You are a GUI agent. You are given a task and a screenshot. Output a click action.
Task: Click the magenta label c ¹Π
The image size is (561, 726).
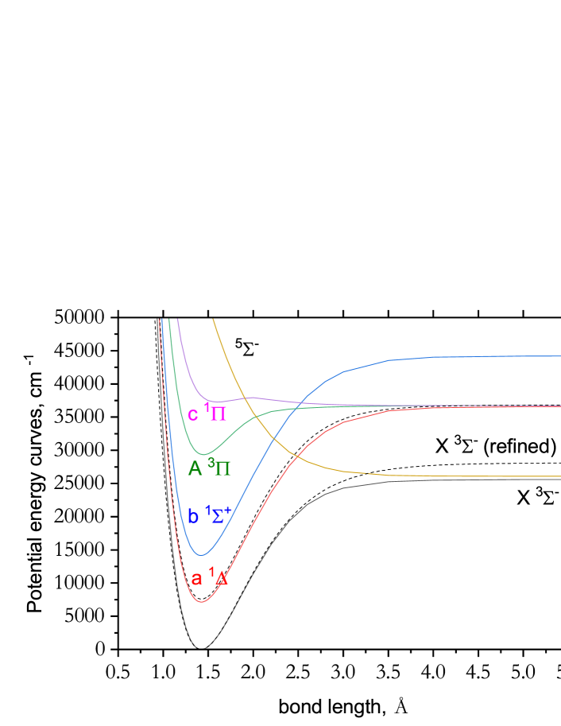coord(207,413)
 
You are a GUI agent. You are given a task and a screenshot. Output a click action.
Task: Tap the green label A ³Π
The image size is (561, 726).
coord(209,468)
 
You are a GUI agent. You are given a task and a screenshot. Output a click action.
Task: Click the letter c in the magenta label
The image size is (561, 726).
coord(193,415)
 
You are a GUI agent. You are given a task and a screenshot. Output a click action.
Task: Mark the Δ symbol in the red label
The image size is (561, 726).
coord(221,580)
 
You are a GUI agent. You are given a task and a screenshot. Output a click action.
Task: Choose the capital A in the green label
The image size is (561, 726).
coord(195,469)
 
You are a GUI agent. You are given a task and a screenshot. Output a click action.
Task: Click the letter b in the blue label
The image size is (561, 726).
coord(193,517)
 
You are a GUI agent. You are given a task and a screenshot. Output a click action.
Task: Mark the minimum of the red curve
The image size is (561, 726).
coord(203,602)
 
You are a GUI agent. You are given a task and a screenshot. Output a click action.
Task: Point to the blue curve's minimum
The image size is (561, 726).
coord(203,555)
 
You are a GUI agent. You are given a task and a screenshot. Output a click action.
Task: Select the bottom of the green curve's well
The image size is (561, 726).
coord(203,454)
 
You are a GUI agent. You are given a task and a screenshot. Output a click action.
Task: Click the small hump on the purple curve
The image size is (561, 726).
coord(251,397)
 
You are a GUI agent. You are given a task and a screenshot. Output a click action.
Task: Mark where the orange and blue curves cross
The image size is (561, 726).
coord(273,438)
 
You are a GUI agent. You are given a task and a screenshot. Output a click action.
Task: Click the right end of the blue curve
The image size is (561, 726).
coord(559,356)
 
